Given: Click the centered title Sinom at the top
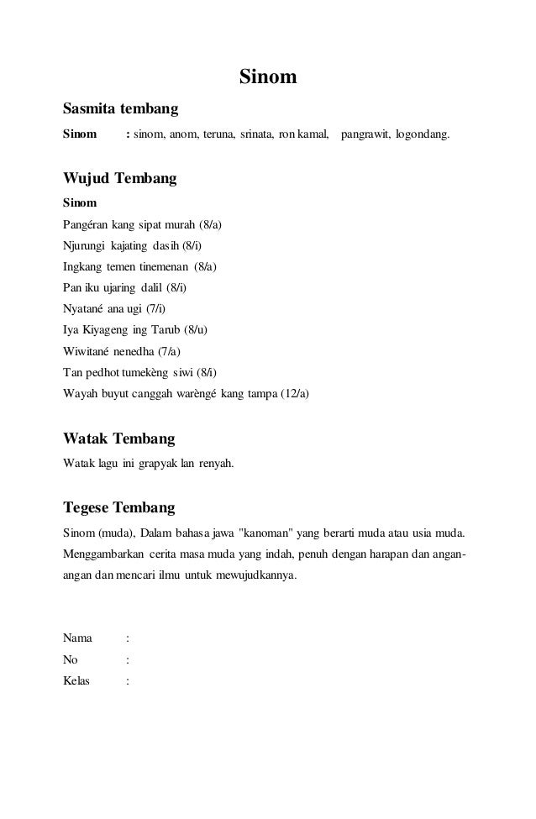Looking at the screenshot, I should (268, 78).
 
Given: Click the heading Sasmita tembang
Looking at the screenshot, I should (120, 109).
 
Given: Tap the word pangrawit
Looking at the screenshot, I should (365, 134).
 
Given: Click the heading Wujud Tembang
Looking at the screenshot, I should (120, 179).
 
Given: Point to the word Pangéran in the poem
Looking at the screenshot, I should (86, 225).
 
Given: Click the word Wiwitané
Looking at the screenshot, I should (88, 351).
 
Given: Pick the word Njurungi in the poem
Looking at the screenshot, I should (85, 246).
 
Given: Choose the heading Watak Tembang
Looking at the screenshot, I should (119, 439).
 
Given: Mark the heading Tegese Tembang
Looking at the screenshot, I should (119, 508).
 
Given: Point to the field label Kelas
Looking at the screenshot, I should (77, 680).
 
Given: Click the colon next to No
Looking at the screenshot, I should (127, 659).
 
